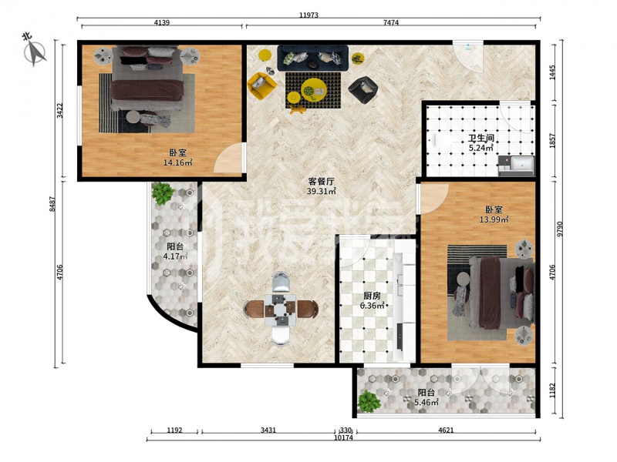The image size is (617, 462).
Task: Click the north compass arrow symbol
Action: [35, 52]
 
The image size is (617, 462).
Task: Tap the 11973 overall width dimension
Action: [308, 15]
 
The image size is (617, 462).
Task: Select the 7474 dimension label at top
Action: [391, 23]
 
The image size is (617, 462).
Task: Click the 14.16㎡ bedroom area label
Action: [178, 162]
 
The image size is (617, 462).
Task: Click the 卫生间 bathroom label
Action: [480, 139]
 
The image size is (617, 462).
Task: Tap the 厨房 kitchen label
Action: [372, 296]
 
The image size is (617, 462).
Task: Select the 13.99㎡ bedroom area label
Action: [494, 219]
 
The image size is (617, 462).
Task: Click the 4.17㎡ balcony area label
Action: [175, 256]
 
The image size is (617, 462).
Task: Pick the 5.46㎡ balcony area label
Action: [427, 402]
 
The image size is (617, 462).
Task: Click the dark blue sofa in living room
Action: [313, 58]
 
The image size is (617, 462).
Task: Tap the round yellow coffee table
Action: [314, 89]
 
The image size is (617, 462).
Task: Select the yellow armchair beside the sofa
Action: [261, 85]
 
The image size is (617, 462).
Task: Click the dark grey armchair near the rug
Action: [362, 90]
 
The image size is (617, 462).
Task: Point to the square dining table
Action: [280, 310]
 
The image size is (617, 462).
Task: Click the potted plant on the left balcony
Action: [163, 193]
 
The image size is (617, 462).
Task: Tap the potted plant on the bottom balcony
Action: [369, 401]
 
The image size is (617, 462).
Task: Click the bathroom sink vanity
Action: [516, 166]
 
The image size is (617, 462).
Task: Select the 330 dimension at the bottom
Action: [346, 430]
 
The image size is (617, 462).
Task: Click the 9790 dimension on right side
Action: [560, 229]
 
